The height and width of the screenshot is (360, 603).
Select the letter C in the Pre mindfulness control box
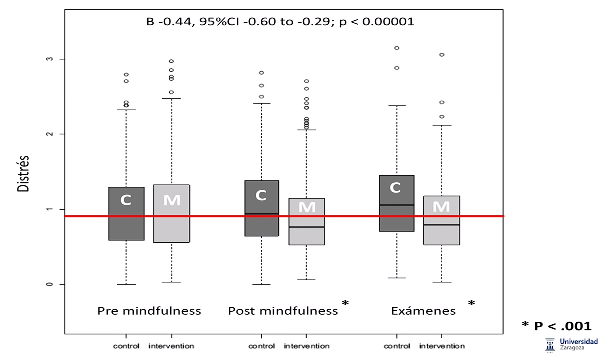[126, 200]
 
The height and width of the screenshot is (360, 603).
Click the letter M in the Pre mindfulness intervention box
[172, 200]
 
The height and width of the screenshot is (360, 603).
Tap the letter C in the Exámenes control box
[395, 188]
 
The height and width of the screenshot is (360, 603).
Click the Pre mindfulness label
[149, 311]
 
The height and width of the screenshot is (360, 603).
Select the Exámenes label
[423, 311]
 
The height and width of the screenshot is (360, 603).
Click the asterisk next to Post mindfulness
[345, 304]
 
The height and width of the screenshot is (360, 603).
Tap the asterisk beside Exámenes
[471, 304]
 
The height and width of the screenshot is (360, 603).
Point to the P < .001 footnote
[556, 326]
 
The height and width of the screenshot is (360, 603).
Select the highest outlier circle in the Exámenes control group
[397, 48]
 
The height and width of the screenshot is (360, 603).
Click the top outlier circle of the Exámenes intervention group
[442, 55]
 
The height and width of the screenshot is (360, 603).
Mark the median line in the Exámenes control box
[397, 205]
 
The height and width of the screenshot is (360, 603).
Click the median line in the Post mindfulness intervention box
[307, 227]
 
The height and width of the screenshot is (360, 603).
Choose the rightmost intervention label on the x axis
[442, 346]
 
